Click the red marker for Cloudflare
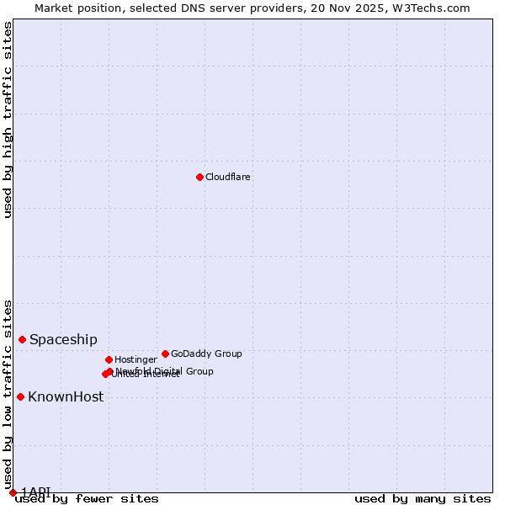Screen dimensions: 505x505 click(199, 177)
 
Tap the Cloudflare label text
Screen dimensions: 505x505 click(228, 178)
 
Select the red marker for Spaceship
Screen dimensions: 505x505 click(23, 339)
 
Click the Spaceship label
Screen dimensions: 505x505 click(63, 340)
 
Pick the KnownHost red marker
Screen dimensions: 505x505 click(20, 396)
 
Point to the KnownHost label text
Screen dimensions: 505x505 click(66, 397)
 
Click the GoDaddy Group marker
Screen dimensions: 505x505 click(165, 353)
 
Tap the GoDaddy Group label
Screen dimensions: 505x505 click(206, 354)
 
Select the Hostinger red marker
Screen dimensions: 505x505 click(109, 359)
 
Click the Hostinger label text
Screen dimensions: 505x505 click(136, 360)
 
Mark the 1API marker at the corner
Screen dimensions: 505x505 click(13, 492)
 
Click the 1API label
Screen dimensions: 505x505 click(36, 492)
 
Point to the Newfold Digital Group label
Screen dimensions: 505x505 click(165, 371)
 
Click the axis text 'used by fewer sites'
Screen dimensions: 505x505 click(88, 499)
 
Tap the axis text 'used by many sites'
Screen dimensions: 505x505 click(423, 499)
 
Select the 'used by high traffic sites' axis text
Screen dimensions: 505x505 click(8, 120)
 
